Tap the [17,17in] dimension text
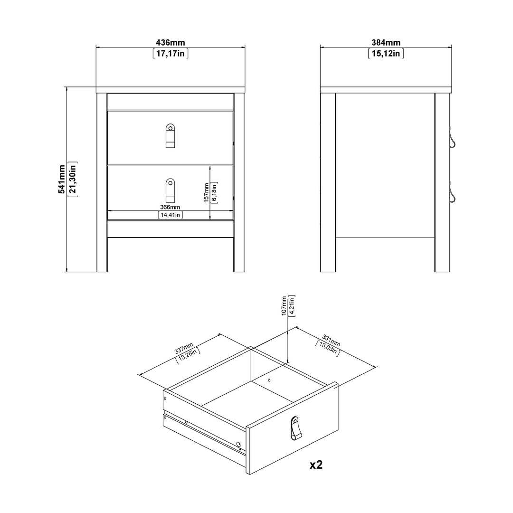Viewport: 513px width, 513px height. (x=171, y=54)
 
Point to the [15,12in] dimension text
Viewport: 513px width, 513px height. (x=386, y=54)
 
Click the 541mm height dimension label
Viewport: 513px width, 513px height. (x=61, y=179)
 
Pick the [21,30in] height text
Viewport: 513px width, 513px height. (x=72, y=179)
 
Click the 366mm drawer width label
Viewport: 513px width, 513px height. (x=170, y=207)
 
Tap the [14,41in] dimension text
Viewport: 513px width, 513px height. (x=170, y=215)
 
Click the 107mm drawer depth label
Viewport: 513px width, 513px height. (x=284, y=306)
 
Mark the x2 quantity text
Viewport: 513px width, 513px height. (x=316, y=465)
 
